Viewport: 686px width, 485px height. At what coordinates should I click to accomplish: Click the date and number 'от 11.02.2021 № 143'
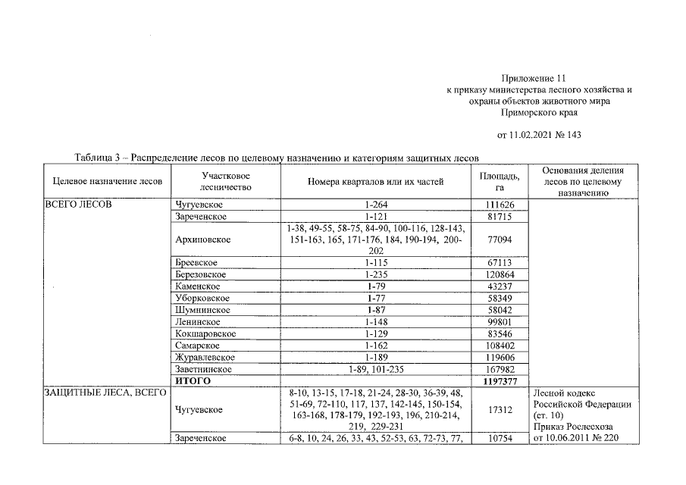tap(538, 136)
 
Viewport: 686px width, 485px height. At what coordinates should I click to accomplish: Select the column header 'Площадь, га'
tap(500, 182)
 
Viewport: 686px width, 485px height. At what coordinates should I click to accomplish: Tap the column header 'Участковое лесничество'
tap(221, 182)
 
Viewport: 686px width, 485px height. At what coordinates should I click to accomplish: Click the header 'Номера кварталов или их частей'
tap(376, 182)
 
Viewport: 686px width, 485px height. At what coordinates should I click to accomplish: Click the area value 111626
tap(500, 205)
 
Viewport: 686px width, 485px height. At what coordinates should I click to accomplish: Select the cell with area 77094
tap(500, 239)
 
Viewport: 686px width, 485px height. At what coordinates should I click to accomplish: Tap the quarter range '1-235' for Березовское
tap(376, 274)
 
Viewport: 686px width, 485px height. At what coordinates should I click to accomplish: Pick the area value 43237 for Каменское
tap(500, 286)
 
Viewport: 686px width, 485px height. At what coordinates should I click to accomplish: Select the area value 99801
tap(500, 322)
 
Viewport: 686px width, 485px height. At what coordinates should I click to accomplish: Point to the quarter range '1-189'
tap(376, 357)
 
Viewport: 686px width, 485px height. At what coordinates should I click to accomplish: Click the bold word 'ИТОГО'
tap(193, 381)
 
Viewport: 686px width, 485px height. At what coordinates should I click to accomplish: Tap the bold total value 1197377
tap(500, 381)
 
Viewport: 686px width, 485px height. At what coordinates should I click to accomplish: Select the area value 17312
tap(500, 410)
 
